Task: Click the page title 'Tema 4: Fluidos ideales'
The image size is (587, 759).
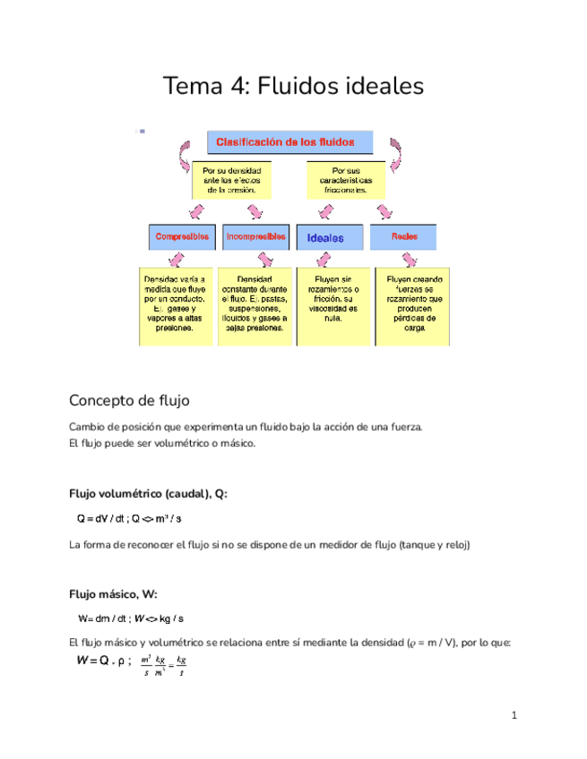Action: tap(292, 87)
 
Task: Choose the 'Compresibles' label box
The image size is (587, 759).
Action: tap(182, 237)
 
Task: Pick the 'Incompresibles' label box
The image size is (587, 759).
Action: tap(256, 237)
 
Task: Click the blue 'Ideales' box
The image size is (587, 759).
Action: tap(332, 238)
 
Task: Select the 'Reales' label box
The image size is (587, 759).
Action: tap(405, 237)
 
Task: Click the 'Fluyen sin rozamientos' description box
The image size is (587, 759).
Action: tap(332, 304)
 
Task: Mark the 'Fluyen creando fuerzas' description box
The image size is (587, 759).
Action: tap(410, 304)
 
